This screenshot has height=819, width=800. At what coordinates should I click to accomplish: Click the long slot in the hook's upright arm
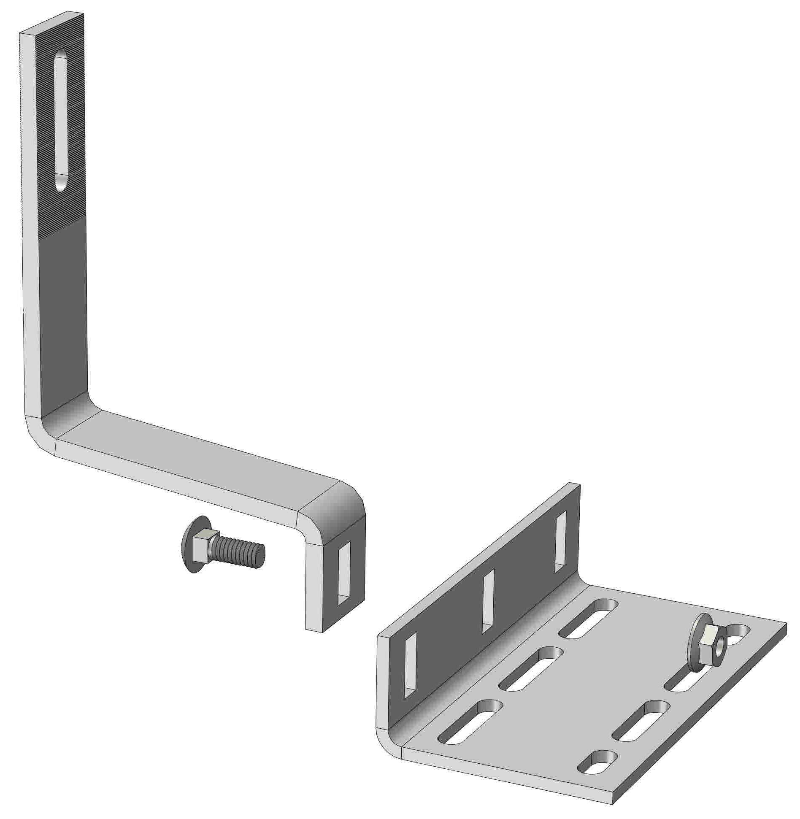pos(61,122)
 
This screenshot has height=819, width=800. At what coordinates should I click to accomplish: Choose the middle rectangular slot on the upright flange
pos(488,601)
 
